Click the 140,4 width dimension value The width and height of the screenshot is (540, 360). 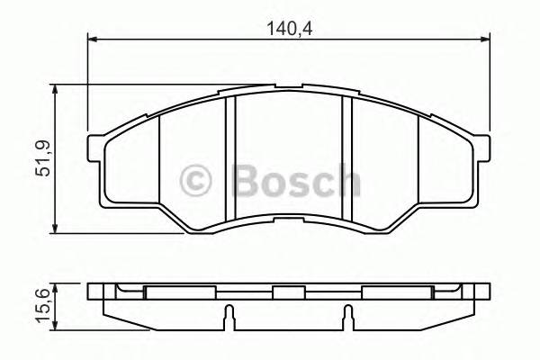288,28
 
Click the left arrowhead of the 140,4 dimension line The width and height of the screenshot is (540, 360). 93,40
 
